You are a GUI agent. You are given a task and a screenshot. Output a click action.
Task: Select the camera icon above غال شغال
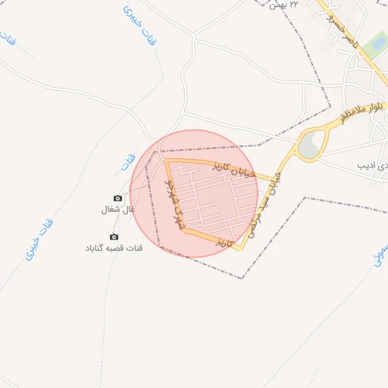[117, 198]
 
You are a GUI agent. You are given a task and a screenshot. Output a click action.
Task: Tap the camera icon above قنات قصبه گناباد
[114, 237]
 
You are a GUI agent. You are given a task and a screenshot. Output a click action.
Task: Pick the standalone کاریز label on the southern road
[221, 242]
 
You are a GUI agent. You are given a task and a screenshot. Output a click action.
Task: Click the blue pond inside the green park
[374, 49]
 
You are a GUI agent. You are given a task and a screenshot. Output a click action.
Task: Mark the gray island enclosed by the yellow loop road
[311, 144]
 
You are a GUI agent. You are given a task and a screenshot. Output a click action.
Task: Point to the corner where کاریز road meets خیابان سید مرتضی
[242, 248]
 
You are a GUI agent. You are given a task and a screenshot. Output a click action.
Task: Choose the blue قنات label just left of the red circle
[126, 161]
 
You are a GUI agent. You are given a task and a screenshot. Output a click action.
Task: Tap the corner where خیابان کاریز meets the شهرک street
[166, 160]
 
